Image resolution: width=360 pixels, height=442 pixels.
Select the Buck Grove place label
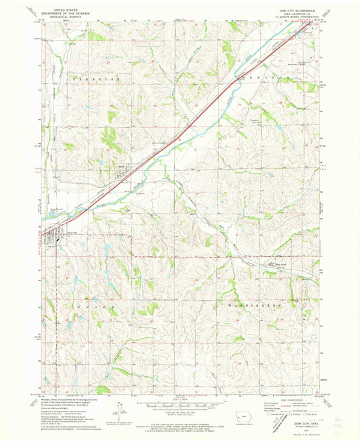(x=282, y=255)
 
